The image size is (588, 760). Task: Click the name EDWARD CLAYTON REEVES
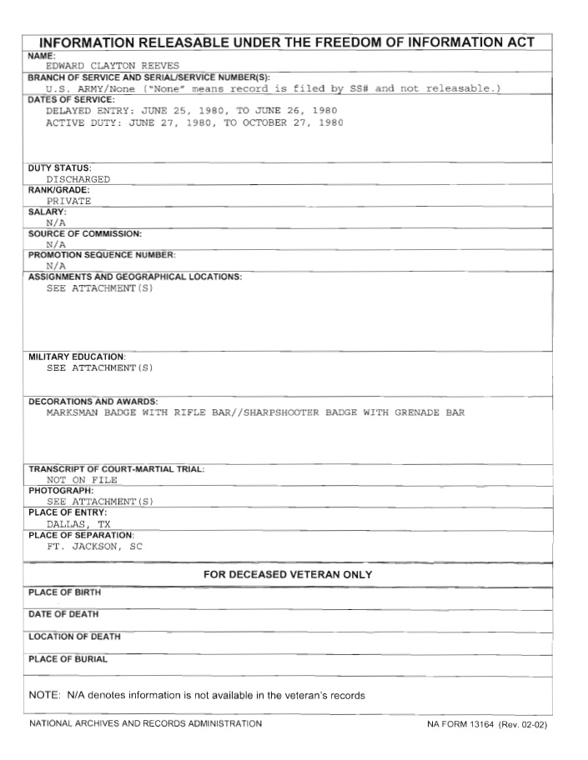click(113, 65)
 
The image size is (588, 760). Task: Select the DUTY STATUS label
click(60, 168)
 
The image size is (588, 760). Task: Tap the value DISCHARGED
click(78, 179)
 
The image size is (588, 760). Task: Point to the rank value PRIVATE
click(69, 201)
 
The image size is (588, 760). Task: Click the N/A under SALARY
click(56, 222)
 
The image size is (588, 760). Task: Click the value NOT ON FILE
click(82, 480)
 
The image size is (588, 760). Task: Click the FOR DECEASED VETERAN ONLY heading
click(288, 575)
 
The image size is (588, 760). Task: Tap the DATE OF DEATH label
click(63, 614)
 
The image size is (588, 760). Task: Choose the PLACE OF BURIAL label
click(68, 659)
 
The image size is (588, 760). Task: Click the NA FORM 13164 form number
click(486, 724)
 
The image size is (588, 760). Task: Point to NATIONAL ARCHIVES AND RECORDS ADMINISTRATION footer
click(145, 723)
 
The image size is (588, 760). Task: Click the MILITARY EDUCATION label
click(77, 357)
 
